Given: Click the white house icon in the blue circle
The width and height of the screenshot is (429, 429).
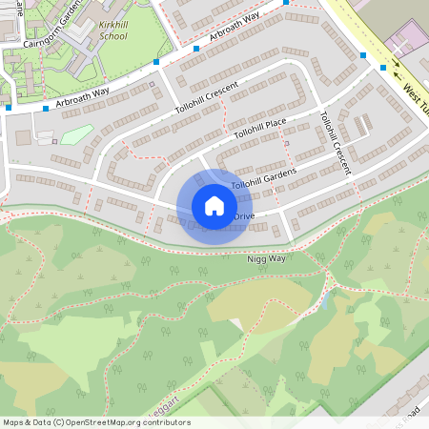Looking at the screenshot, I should tap(214, 206).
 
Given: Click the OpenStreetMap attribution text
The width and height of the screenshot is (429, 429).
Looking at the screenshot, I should tap(95, 422).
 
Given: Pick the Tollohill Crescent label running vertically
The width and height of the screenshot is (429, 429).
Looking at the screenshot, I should tap(337, 144).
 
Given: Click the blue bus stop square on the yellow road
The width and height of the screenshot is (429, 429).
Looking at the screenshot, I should tap(383, 68).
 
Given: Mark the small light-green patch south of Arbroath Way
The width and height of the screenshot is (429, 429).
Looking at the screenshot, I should tap(76, 134).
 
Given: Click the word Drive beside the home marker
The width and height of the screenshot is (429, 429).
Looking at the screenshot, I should tap(244, 217).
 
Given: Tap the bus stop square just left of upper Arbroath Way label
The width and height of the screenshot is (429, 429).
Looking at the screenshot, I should tap(196, 48).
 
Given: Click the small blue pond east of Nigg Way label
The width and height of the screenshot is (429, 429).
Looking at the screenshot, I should tap(328, 301).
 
